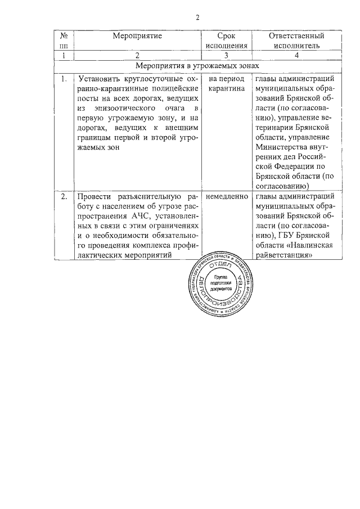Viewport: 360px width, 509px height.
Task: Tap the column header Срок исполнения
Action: pyautogui.click(x=226, y=40)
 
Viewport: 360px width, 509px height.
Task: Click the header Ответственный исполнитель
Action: pyautogui.click(x=296, y=40)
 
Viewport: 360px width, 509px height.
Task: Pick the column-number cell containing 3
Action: pyautogui.click(x=226, y=55)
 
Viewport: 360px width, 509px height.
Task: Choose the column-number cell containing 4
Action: pyautogui.click(x=296, y=55)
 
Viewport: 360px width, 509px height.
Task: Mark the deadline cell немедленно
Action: pyautogui.click(x=227, y=196)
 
